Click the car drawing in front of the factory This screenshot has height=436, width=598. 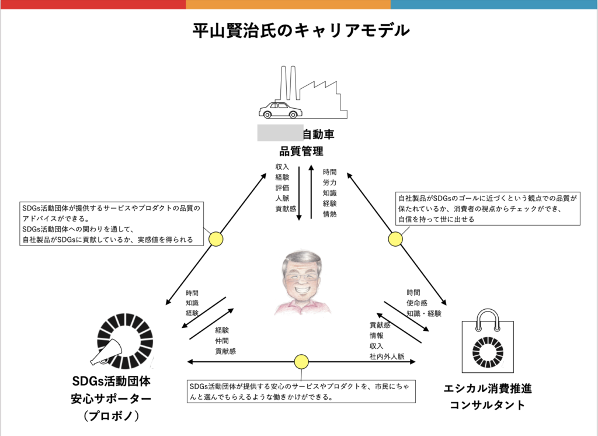(281, 110)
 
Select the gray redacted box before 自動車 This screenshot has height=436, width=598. (280, 133)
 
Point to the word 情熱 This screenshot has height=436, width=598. (330, 214)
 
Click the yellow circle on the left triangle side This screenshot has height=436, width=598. (216, 238)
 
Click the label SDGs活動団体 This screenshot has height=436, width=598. (112, 382)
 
